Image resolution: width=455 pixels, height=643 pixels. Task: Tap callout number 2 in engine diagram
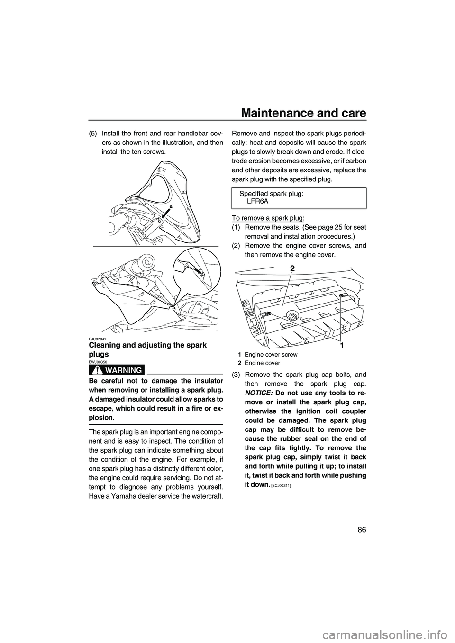(x=292, y=268)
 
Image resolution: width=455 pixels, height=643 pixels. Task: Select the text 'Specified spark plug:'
(x=272, y=194)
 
